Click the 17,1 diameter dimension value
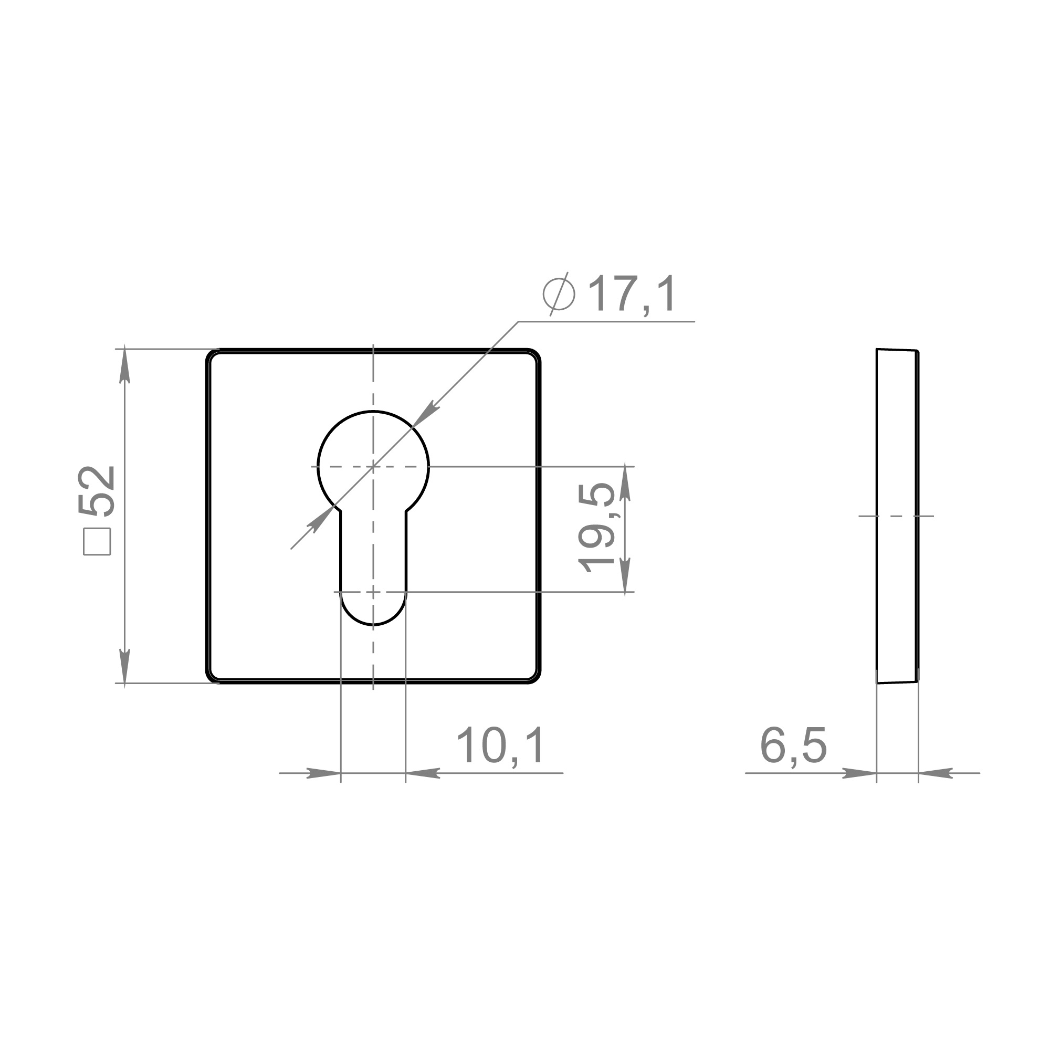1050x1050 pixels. coord(633,294)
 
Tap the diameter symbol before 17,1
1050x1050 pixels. coord(559,294)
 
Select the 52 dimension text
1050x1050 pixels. coord(97,490)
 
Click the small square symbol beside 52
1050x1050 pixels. coord(97,542)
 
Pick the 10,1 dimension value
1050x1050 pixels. coord(500,746)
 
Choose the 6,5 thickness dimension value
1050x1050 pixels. coord(793,746)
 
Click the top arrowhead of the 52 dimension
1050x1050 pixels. coord(124,365)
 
